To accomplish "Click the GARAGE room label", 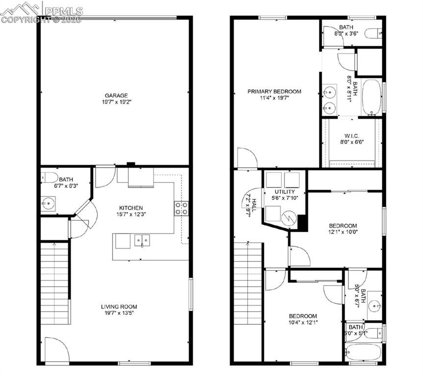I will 116,95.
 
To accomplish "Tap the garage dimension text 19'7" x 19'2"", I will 116,102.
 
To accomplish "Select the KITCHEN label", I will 130,208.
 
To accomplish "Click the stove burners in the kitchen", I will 181,209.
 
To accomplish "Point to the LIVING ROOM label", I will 116,306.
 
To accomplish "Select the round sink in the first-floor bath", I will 49,203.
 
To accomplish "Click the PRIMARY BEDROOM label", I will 274,92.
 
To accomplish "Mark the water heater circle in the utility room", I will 290,217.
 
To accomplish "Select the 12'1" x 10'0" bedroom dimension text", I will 343,233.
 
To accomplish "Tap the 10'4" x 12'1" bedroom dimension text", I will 302,323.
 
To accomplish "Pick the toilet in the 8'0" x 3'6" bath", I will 373,33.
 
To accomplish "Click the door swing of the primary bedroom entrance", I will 246,158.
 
